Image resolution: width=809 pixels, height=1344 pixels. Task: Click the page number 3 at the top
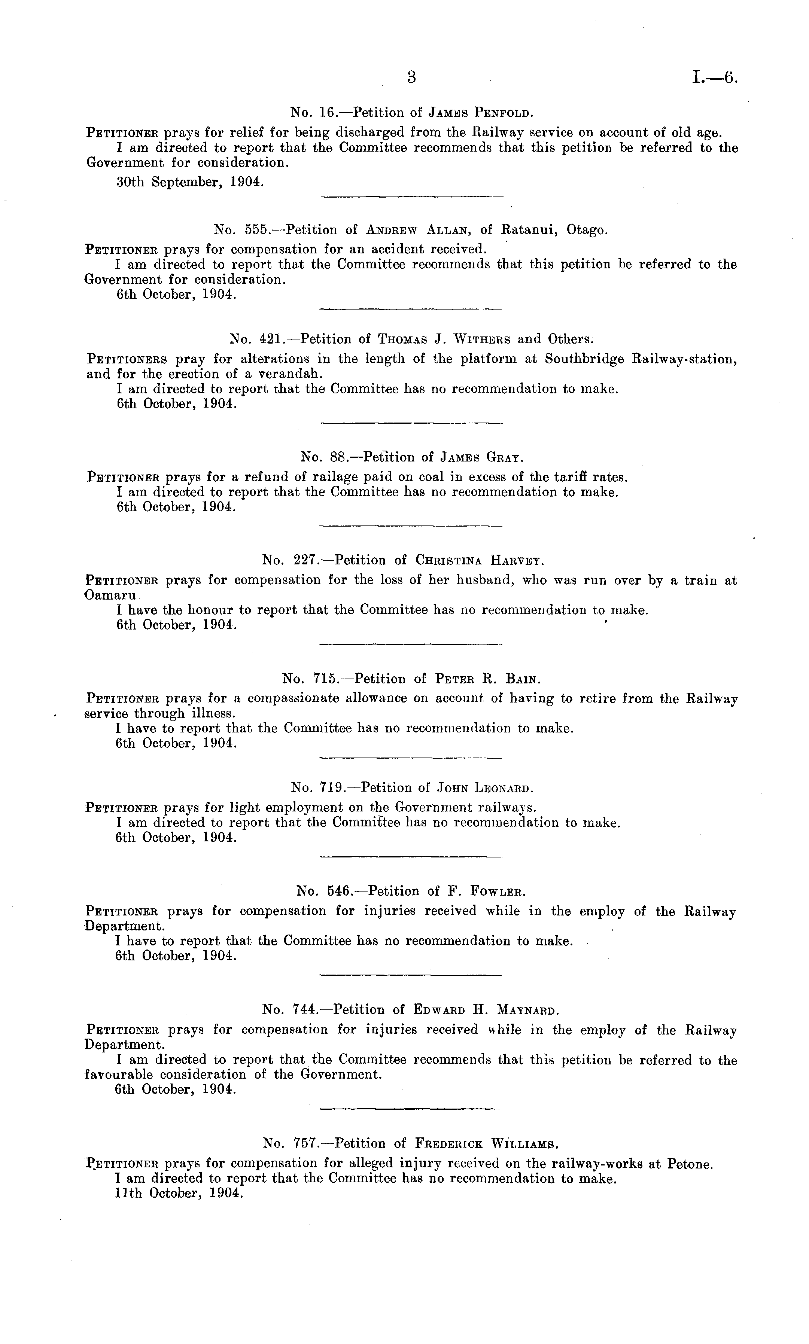(411, 78)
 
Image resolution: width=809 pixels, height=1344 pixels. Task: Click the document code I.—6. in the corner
(715, 78)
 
